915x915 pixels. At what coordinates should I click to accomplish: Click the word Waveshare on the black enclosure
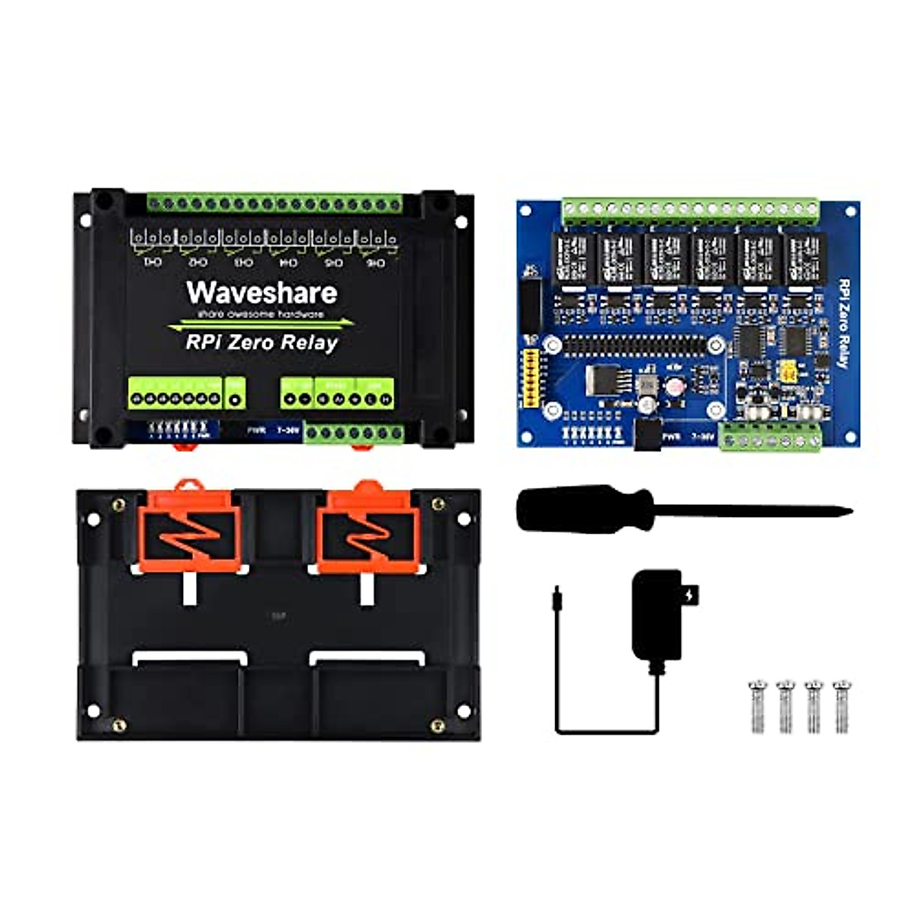pyautogui.click(x=262, y=293)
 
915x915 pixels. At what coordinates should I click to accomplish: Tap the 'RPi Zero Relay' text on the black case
pyautogui.click(x=262, y=342)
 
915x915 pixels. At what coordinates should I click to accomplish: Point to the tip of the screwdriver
pyautogui.click(x=849, y=512)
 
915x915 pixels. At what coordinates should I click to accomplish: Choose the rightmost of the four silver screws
pyautogui.click(x=841, y=705)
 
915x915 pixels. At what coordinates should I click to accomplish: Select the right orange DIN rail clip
pyautogui.click(x=366, y=527)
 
